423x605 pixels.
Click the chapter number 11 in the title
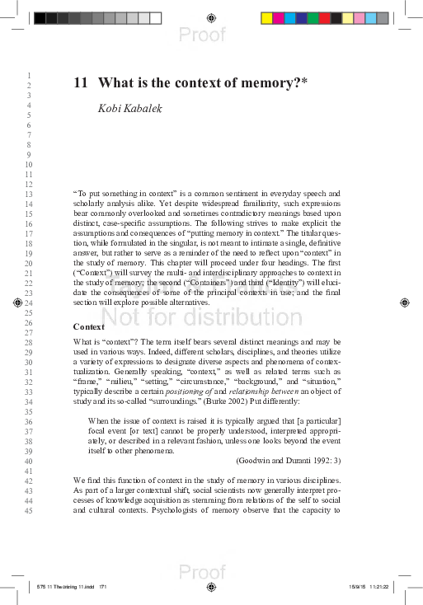(80, 82)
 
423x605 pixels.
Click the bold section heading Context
(89, 326)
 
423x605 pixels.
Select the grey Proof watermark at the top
(201, 33)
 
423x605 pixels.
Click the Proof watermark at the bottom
(201, 572)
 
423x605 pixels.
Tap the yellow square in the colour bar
(266, 17)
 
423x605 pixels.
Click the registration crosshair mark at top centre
(212, 17)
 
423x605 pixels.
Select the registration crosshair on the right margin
(404, 302)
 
